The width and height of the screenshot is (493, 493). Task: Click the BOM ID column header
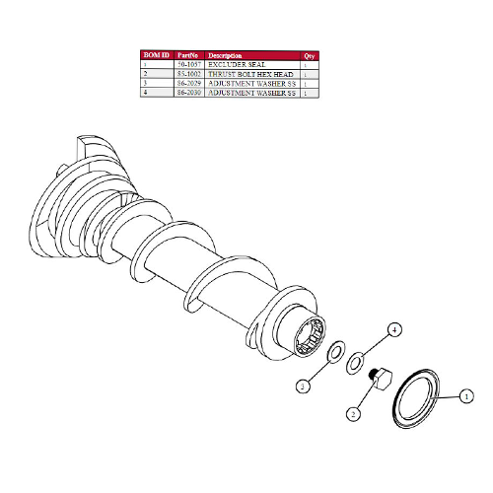pos(156,55)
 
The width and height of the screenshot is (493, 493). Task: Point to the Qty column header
pos(310,55)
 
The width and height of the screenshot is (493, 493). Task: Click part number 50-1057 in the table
pos(190,64)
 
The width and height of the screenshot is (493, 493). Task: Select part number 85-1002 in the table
pos(190,74)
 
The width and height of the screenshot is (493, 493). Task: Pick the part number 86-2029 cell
pos(190,83)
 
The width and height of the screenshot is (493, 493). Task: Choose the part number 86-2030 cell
pos(190,92)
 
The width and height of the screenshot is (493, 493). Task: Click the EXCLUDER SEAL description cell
pos(237,64)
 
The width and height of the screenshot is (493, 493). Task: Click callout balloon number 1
pos(465,396)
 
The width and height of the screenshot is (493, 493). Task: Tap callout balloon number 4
pos(393,329)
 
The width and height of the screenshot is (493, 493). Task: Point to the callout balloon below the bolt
pos(351,415)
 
